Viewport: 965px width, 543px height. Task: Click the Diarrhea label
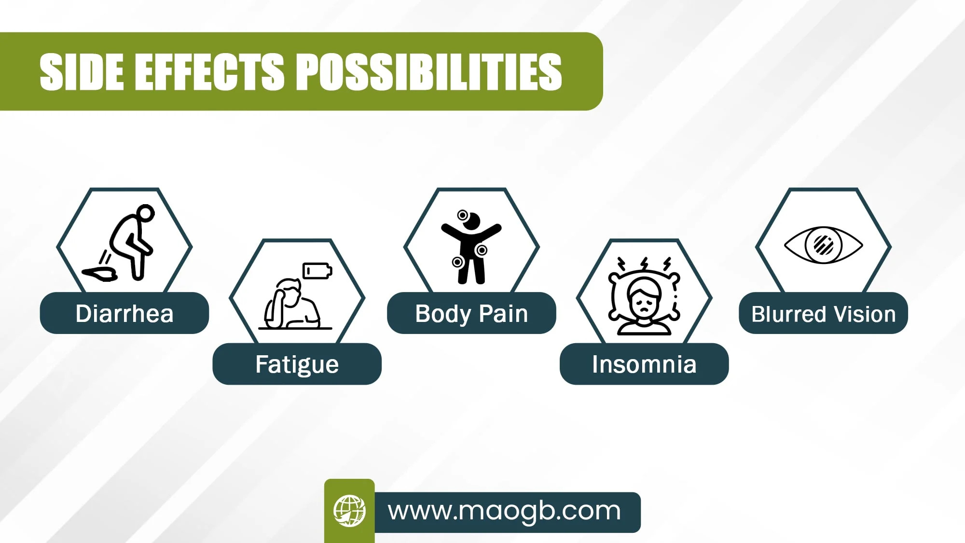[124, 314]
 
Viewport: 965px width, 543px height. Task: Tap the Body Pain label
[471, 314]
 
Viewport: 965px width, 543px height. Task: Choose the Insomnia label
[644, 364]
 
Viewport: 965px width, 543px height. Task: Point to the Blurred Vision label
[824, 314]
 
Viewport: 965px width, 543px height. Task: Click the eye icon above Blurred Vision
[823, 245]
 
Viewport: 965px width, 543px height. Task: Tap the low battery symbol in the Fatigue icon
[317, 271]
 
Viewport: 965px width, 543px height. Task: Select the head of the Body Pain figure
[471, 222]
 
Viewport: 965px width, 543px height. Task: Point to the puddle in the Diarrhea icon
[100, 274]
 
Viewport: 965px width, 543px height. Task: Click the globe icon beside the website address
[349, 511]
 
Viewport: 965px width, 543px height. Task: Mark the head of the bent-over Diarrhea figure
[145, 212]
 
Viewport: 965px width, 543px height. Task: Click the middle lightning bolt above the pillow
[644, 265]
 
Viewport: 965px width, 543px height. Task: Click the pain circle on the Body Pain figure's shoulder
[463, 215]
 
